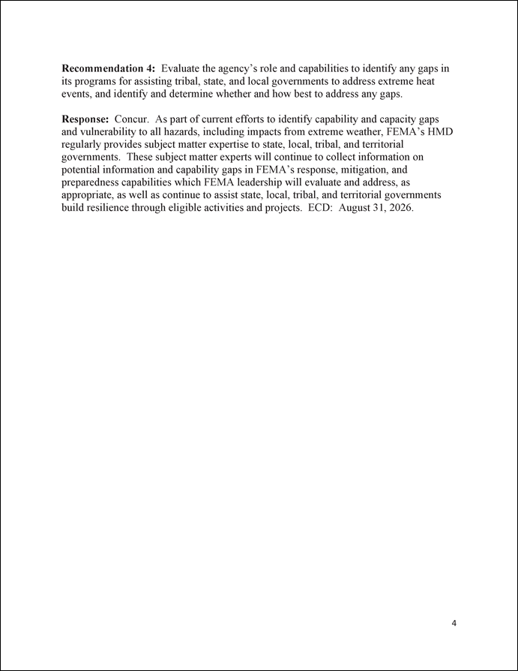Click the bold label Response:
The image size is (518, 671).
click(85, 119)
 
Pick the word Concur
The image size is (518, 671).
click(131, 119)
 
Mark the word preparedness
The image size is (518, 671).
click(92, 182)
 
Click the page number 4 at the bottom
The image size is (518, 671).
click(454, 623)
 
